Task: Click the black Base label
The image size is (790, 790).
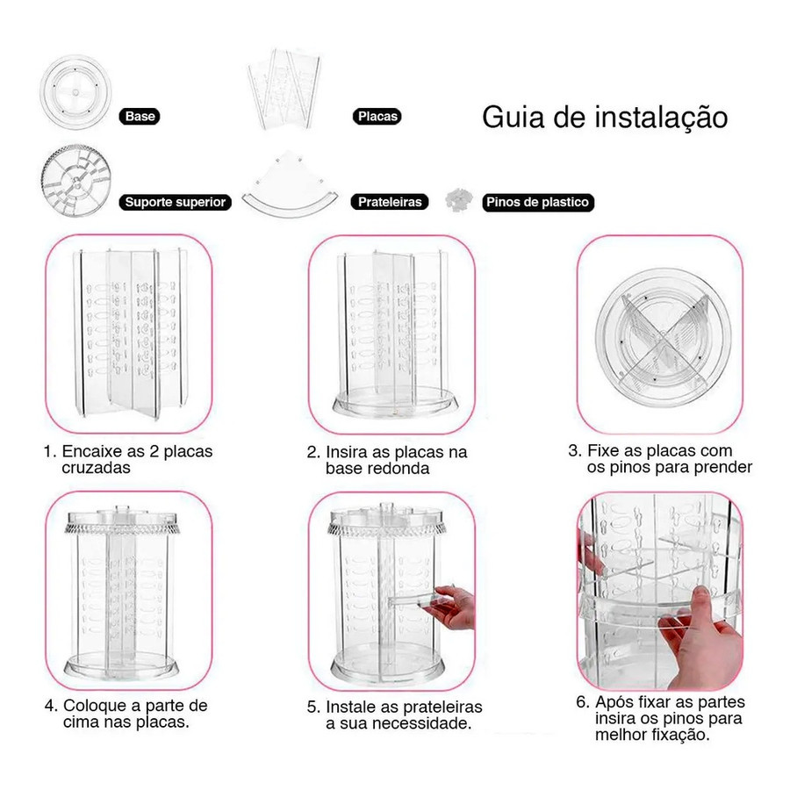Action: click(140, 117)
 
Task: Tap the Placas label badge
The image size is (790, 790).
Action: click(377, 117)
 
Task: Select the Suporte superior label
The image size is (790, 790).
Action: click(176, 202)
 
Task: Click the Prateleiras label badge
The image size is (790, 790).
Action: click(390, 202)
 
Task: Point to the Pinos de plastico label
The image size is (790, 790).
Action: click(537, 202)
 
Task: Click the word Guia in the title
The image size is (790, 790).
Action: click(513, 118)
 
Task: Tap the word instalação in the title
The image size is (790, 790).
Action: click(661, 118)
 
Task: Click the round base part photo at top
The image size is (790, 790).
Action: click(76, 93)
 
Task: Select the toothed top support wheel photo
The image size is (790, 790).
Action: click(76, 181)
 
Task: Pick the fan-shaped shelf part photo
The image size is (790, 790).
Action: click(290, 185)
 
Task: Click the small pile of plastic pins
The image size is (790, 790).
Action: click(458, 199)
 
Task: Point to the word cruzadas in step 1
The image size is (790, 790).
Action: click(96, 468)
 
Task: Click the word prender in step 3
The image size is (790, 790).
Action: click(722, 468)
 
